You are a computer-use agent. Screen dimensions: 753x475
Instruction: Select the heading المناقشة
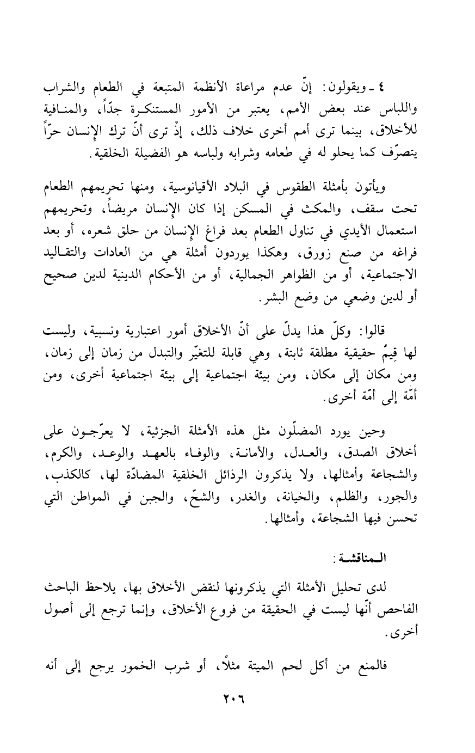point(359,559)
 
